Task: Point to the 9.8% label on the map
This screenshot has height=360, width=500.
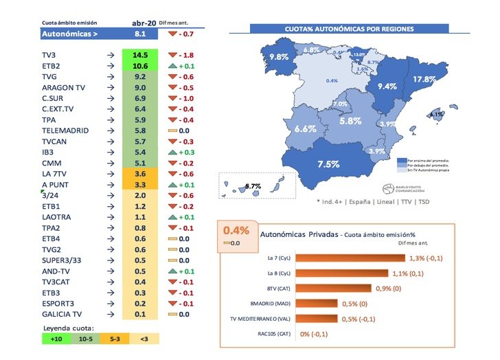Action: [x=278, y=57]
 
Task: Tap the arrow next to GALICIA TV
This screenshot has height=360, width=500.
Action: [x=111, y=313]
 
